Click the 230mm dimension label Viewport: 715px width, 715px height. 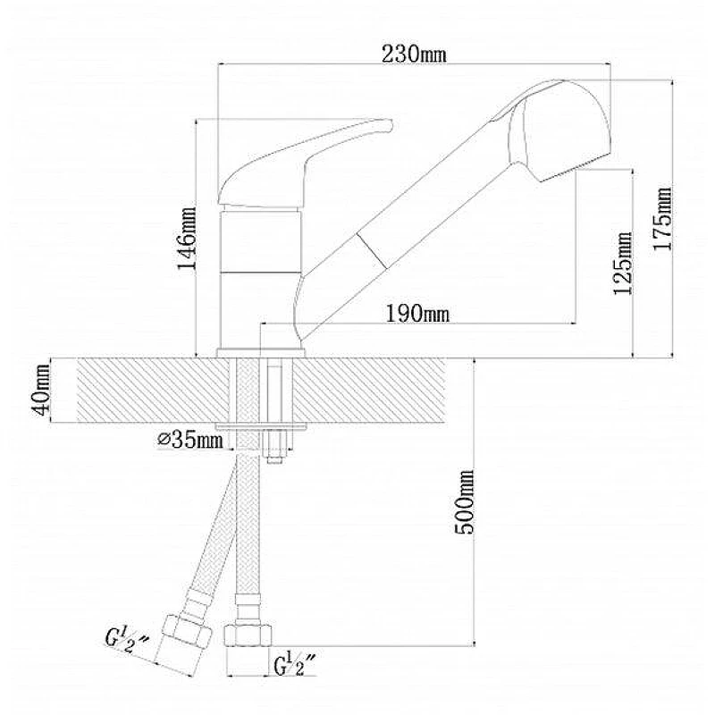(414, 55)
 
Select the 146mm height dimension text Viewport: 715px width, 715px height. (187, 239)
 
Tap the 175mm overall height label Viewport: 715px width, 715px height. (662, 218)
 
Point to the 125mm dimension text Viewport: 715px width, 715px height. (623, 263)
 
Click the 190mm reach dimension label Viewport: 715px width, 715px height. (417, 314)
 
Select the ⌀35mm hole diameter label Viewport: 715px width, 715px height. (190, 440)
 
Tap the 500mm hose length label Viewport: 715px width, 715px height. (465, 502)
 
